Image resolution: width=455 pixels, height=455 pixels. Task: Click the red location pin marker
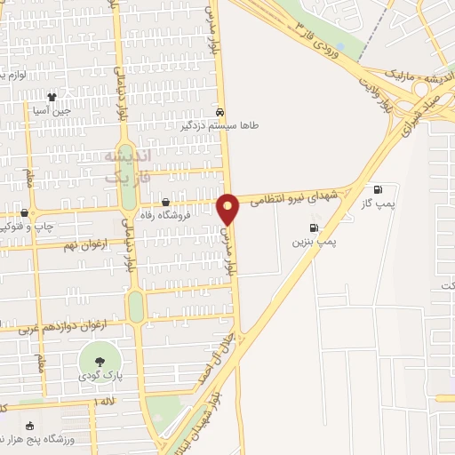pyautogui.click(x=228, y=208)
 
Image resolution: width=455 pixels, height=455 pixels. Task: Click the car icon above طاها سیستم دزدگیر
pyautogui.click(x=220, y=113)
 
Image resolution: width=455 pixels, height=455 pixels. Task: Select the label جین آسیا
pyautogui.click(x=51, y=112)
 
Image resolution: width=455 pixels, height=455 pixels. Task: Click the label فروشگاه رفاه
pyautogui.click(x=166, y=214)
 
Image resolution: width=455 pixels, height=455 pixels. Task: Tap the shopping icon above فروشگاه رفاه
pyautogui.click(x=166, y=202)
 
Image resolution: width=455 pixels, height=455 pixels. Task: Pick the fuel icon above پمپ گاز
pyautogui.click(x=379, y=189)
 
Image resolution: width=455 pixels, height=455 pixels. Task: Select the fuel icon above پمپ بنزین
pyautogui.click(x=313, y=227)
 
